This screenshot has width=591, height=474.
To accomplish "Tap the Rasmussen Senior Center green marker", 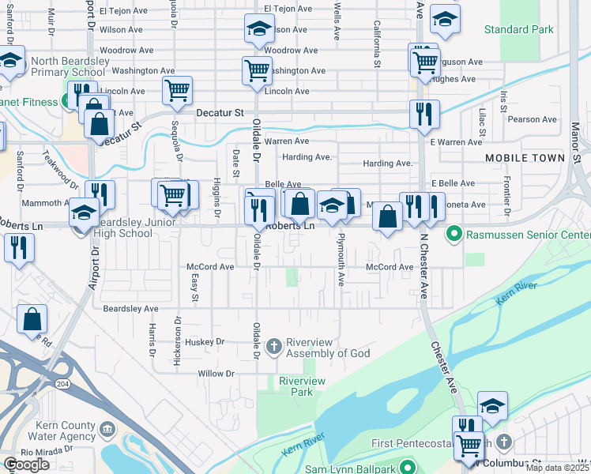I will (x=454, y=234).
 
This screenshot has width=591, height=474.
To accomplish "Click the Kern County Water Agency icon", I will (x=107, y=431).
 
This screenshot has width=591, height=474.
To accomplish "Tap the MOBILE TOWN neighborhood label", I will (x=525, y=158).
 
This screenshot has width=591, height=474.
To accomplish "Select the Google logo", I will (x=27, y=465).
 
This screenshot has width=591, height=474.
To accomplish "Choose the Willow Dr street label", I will (x=216, y=373).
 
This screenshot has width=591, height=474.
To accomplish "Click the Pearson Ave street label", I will (x=533, y=120).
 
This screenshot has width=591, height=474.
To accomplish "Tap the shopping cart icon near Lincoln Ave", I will (x=177, y=89).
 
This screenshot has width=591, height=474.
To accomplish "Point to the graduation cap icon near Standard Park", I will (x=446, y=22).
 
